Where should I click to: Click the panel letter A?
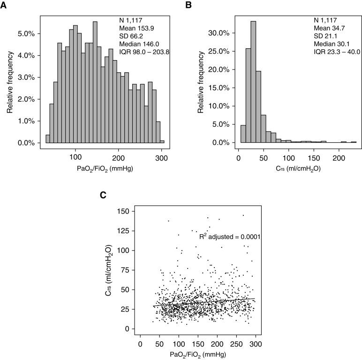point(4,5)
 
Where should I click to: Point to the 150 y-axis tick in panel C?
point(124,211)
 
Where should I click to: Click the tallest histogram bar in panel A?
point(95,82)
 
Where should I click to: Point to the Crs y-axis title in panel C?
point(108,272)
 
